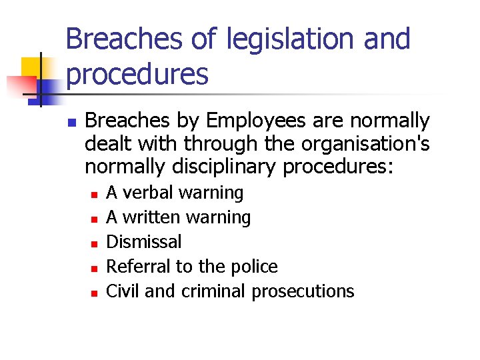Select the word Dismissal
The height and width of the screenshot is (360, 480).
[x=144, y=241]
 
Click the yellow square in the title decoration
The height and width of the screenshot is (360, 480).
[x=31, y=67]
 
